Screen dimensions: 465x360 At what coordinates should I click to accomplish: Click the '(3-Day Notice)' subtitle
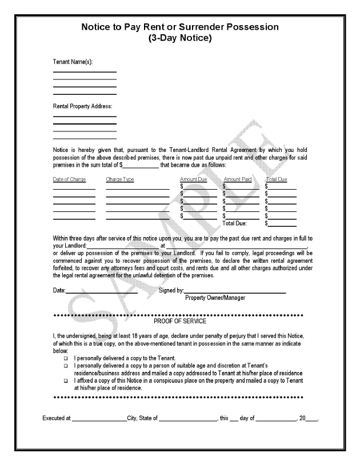pos(180,39)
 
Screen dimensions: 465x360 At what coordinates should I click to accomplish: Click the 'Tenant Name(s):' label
pos(73,61)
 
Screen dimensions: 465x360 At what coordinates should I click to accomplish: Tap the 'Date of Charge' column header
pos(69,179)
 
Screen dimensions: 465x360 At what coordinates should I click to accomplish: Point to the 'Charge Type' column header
pos(120,179)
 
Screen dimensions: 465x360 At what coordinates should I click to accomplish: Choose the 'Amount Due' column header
pos(193,179)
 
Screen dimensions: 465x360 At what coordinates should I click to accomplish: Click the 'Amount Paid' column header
pos(238,179)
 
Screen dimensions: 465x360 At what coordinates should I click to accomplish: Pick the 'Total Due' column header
pos(277,179)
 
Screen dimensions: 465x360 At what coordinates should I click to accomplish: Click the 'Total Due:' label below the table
pos(234,223)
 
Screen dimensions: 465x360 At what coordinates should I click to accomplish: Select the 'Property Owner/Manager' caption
pos(215,297)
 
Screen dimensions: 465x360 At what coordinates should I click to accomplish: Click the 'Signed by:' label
pos(171,290)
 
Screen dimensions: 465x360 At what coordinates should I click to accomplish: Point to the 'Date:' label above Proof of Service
pos(59,290)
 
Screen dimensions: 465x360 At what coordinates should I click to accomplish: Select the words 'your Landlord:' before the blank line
pos(70,245)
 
